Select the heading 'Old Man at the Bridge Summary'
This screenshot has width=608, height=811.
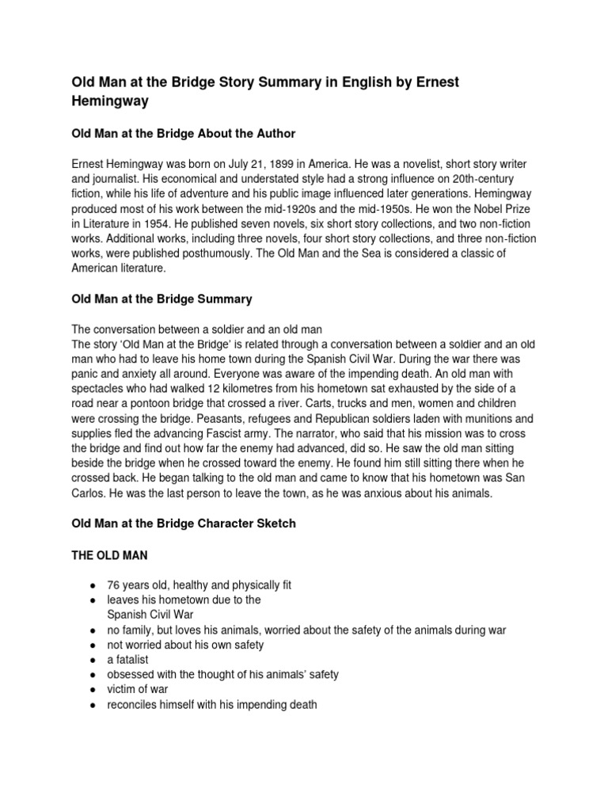161,299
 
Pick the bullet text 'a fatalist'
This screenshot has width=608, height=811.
127,659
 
